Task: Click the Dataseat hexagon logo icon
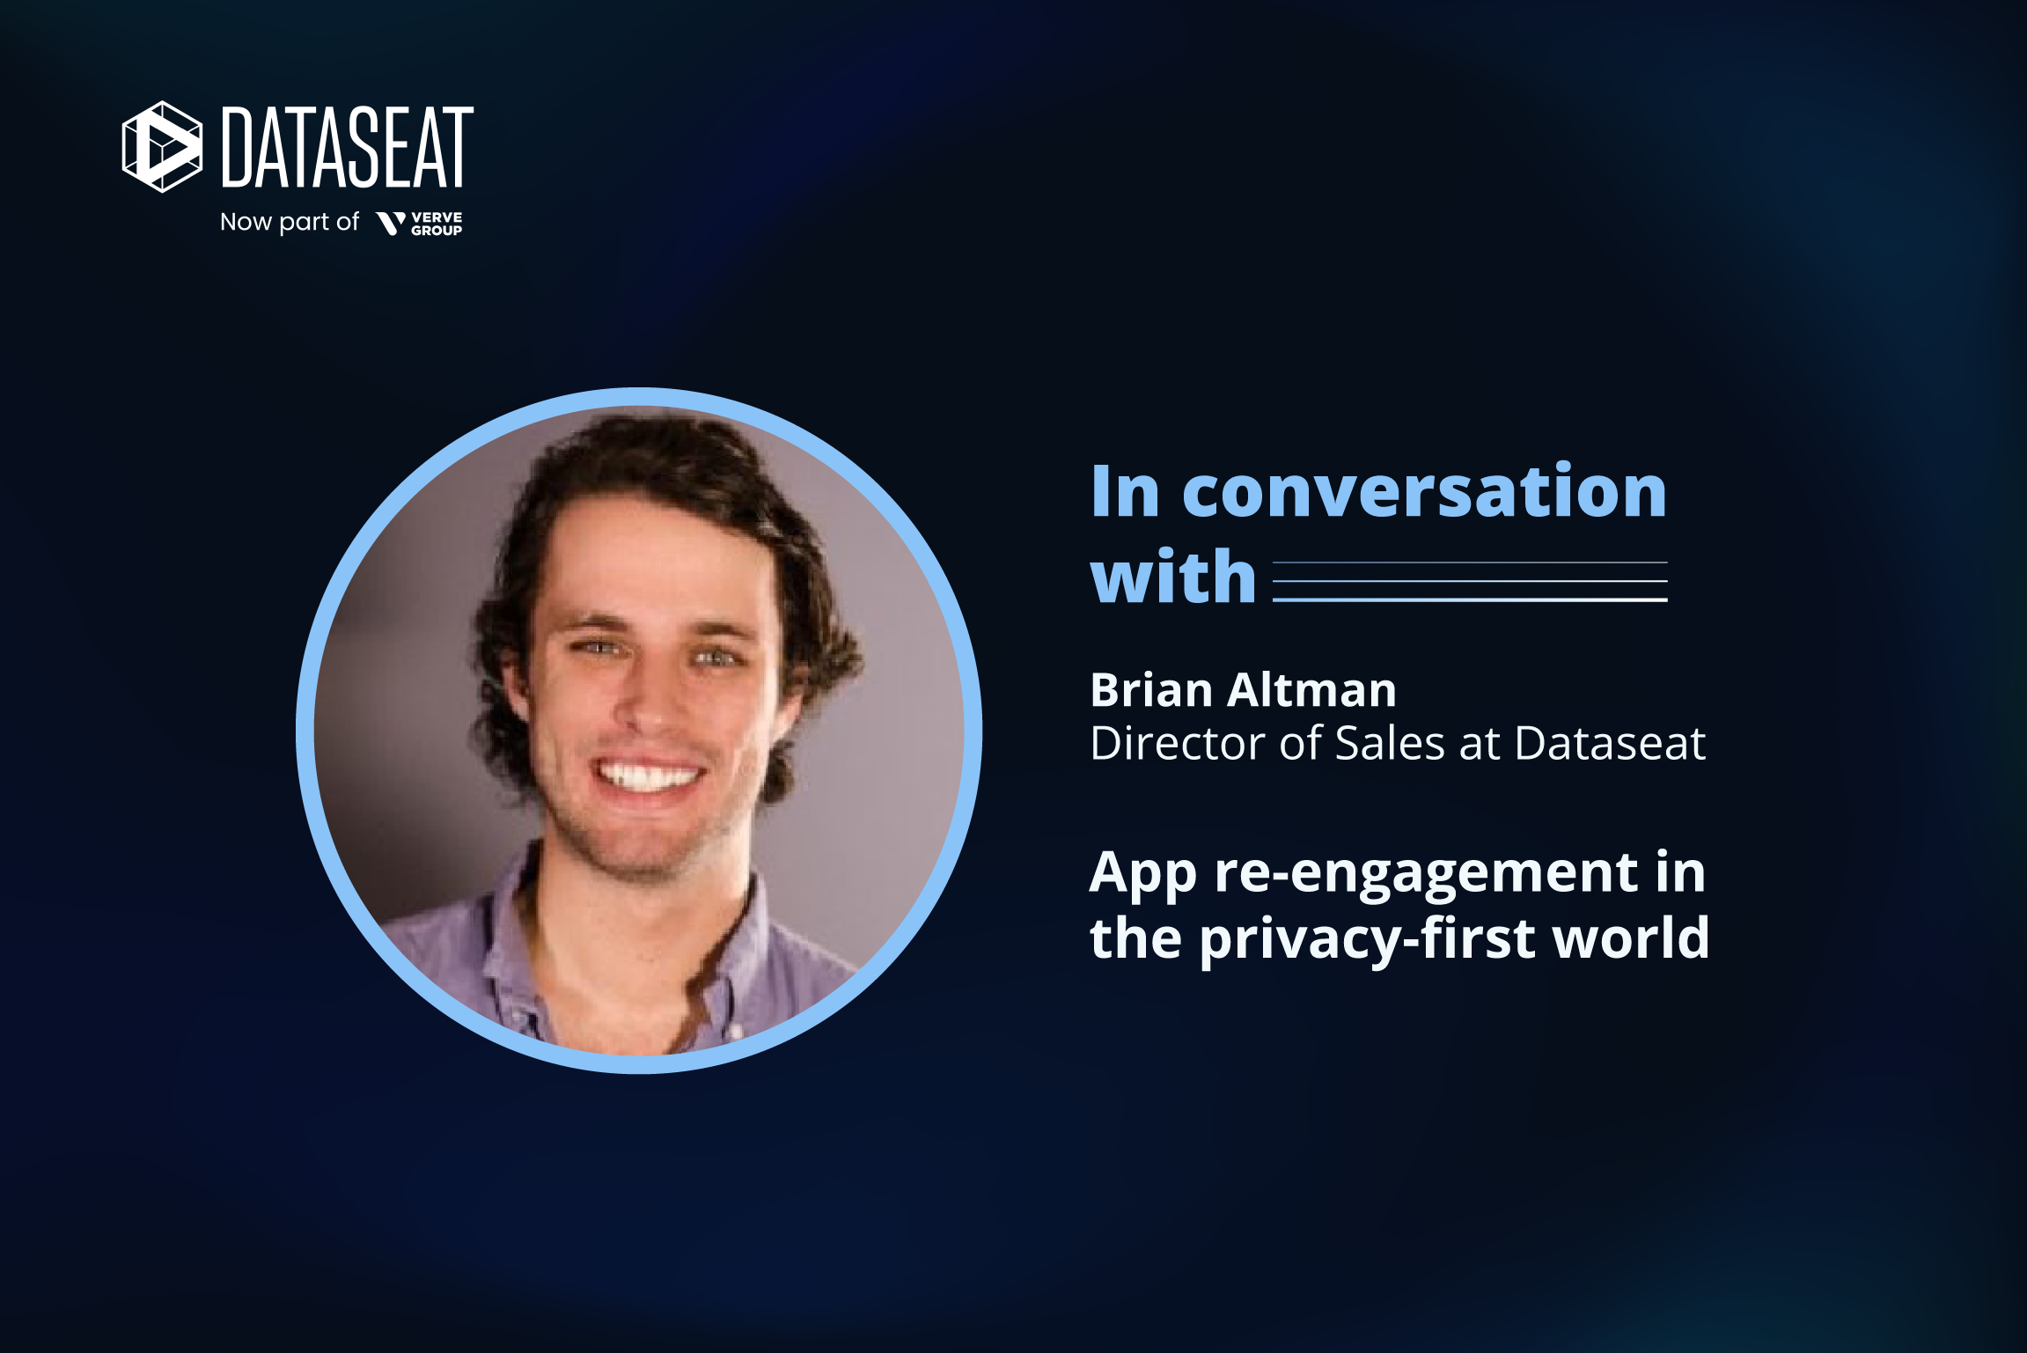[162, 147]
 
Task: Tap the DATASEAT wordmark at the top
[347, 147]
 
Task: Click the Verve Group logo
[419, 224]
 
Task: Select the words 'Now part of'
[289, 222]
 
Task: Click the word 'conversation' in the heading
[1423, 492]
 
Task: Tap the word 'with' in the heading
[1172, 577]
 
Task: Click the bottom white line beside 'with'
[1469, 600]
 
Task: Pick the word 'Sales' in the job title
[1390, 743]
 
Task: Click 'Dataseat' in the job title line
[1610, 743]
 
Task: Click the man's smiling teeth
[649, 776]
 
